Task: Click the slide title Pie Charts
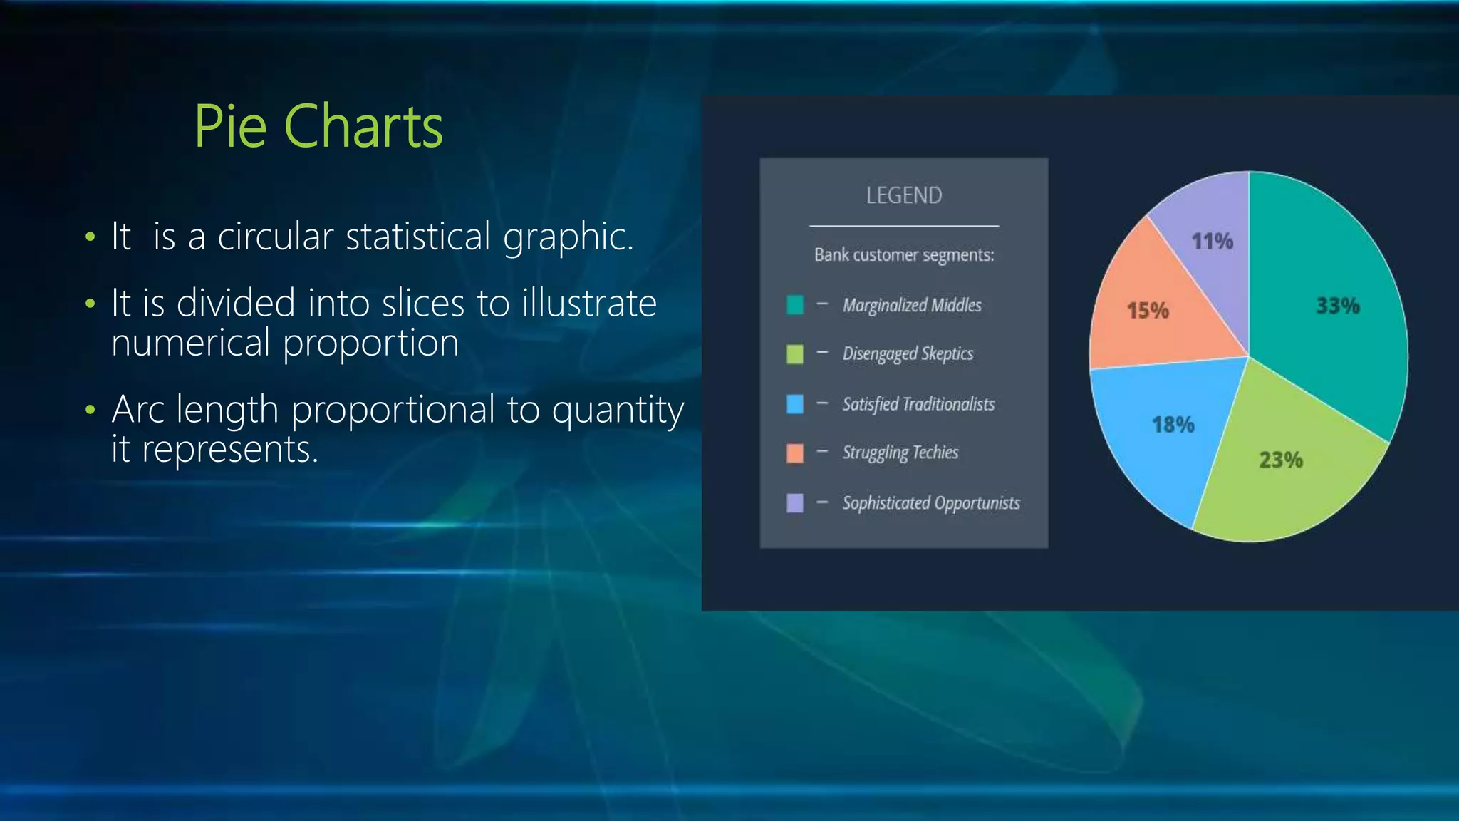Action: (318, 126)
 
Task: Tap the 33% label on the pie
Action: (1337, 306)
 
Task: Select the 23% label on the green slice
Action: (1280, 460)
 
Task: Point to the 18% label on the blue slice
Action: (1173, 425)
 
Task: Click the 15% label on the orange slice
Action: (1147, 311)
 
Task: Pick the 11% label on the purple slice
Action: (1212, 242)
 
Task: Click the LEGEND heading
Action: (903, 195)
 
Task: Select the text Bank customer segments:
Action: (903, 255)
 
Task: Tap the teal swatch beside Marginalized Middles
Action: (794, 305)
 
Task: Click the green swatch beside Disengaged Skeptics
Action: (794, 354)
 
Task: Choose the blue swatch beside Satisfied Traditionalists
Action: (794, 404)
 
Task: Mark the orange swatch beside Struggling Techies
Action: (794, 453)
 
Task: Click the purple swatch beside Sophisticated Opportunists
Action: (794, 503)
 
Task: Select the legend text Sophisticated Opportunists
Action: (930, 503)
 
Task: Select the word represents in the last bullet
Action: (229, 450)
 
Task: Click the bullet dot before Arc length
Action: (90, 410)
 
